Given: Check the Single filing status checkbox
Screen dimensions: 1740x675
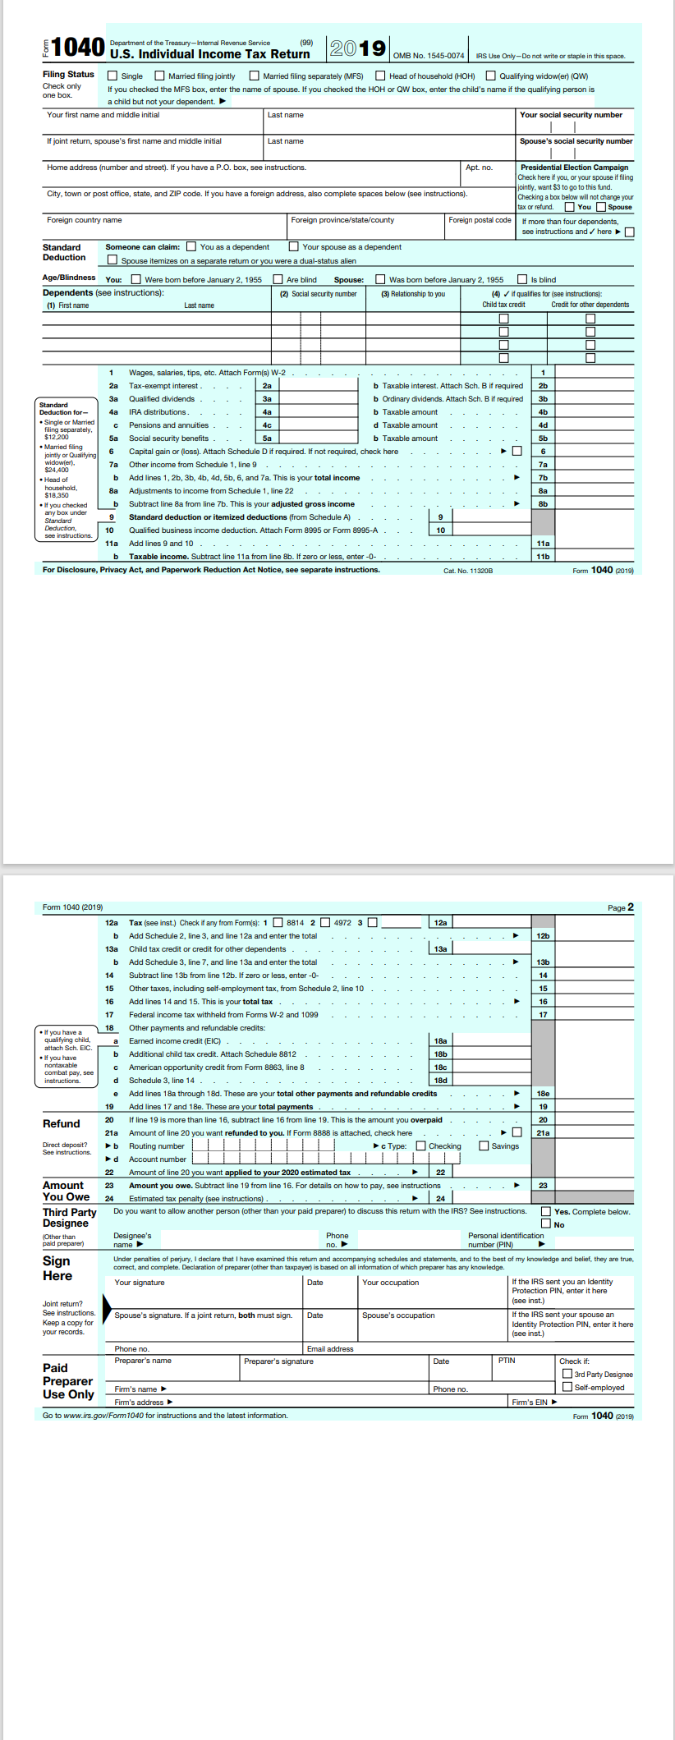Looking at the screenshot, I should coord(112,76).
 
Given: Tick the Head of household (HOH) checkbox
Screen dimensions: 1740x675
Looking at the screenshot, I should coord(380,76).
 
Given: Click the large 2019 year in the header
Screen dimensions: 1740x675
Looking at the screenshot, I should coord(357,48).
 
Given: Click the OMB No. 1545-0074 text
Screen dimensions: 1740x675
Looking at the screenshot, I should coord(428,56).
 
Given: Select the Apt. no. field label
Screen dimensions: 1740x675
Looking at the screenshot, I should coord(479,168).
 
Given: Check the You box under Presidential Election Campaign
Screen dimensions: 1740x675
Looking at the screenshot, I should coord(569,207).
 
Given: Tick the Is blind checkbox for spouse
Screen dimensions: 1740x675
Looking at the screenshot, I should coord(522,279).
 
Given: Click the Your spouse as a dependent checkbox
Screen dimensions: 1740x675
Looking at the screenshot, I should coord(293,246).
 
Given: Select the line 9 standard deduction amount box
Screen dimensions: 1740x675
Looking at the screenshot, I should coord(491,516).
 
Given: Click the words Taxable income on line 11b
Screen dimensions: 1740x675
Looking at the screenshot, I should coord(158,557).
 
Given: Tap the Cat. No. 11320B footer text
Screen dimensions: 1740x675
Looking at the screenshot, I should coord(468,570).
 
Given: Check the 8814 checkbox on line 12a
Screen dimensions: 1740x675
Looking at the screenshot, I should coord(278,922).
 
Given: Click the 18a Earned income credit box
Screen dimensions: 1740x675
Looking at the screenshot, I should coord(491,1040).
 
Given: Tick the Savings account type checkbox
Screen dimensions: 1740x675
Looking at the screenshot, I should coord(484,1145).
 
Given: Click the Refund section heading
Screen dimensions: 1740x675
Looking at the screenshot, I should coord(62,1123).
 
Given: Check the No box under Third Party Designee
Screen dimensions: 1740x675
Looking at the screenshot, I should coord(546,1224).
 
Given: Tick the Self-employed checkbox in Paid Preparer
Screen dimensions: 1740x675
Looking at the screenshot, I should coord(567,1387).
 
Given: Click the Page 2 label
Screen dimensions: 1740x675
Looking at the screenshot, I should coord(620,907).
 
